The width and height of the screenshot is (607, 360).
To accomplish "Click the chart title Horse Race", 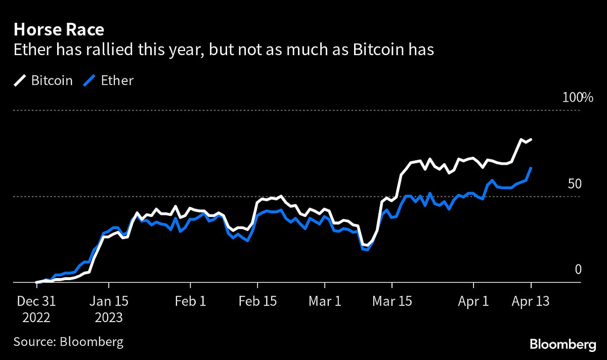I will [x=59, y=30].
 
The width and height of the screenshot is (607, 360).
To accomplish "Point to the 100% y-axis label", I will [x=578, y=98].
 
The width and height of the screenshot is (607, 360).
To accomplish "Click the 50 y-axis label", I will [x=574, y=184].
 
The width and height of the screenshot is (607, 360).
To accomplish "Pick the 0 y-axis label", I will [x=578, y=269].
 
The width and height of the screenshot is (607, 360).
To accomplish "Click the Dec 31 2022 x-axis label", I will [x=36, y=309].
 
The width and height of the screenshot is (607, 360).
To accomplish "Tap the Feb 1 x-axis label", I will [x=190, y=301].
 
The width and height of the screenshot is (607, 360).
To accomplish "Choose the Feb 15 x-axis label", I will [x=258, y=301].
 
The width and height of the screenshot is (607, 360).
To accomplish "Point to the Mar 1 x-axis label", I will [x=325, y=301].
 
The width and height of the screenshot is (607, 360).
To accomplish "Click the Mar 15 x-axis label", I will [x=393, y=301].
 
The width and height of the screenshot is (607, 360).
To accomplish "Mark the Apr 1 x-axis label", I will [x=473, y=301].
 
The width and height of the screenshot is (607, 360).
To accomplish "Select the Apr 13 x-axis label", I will [x=531, y=301].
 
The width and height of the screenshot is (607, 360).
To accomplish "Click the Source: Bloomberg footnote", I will [x=68, y=342].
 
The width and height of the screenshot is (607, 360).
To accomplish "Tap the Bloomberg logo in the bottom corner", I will [x=562, y=345].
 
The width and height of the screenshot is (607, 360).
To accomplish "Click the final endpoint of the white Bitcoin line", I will [x=531, y=139].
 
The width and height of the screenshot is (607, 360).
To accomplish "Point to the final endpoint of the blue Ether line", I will [x=531, y=167].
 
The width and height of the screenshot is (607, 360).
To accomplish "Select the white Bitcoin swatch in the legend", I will [x=20, y=80].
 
